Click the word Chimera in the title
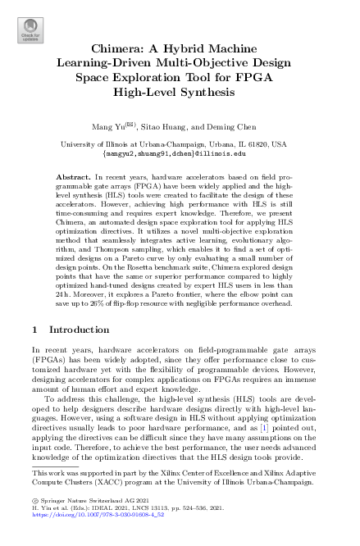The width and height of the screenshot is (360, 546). click(122, 49)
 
